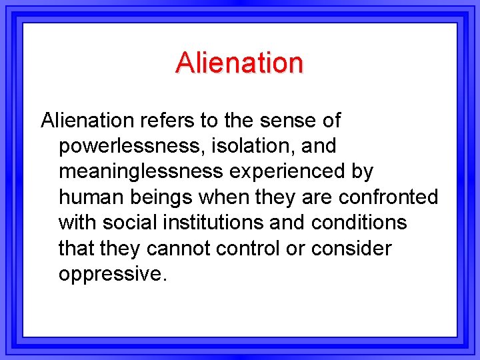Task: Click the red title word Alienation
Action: pos(239,63)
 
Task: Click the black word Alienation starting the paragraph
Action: pos(87,121)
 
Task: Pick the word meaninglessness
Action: pos(141,172)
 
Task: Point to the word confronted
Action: pos(388,197)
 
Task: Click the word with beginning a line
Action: pos(77,223)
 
